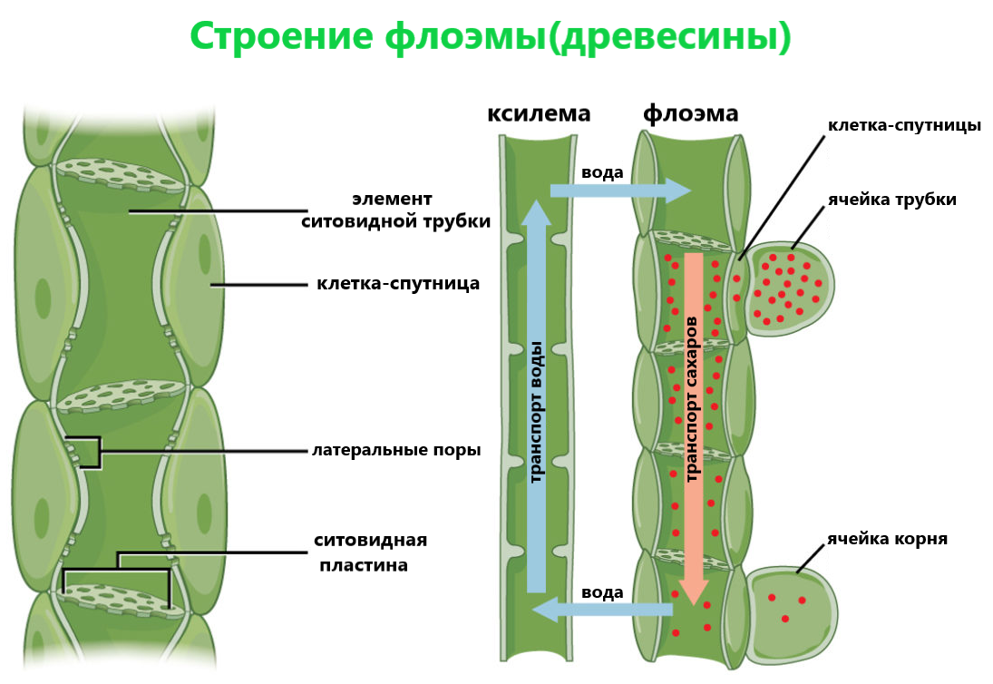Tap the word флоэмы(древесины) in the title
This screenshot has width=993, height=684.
pos(589,37)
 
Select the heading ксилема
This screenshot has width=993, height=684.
pos(539,114)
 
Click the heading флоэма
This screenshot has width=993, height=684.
pos(691,114)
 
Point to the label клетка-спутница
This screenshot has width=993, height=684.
pos(398,284)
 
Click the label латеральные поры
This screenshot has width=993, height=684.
pos(396,450)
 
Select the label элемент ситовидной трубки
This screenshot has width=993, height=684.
pos(395,210)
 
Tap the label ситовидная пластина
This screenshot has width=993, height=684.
pos(370,552)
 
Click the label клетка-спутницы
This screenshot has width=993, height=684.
pos(904,125)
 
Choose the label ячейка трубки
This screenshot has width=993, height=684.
pos(891,200)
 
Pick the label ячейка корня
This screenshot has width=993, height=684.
pos(887,539)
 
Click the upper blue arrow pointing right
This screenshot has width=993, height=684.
pos(621,191)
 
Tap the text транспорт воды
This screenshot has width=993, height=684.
pos(536,411)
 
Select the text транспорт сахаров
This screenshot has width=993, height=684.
pos(694,399)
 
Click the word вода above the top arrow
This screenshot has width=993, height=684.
pos(602,172)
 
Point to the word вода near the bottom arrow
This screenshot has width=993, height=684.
pos(602,592)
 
